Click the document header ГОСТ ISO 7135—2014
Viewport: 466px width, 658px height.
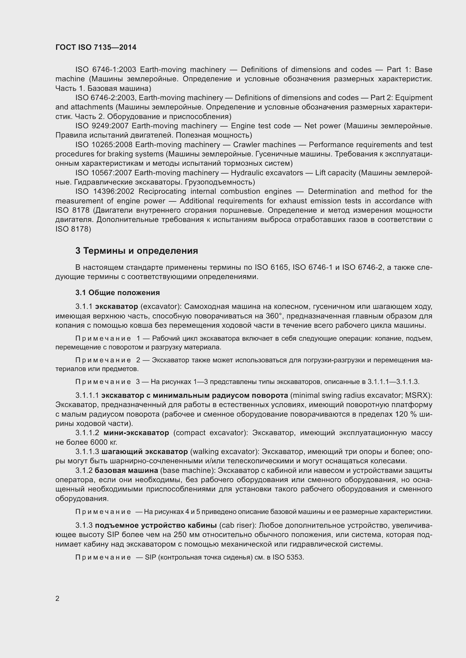click(96, 47)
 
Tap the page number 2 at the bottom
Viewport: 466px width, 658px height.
click(57, 598)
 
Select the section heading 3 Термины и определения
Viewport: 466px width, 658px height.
click(137, 251)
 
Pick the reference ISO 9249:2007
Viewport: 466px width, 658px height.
click(102, 126)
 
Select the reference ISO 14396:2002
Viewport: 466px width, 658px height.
click(105, 192)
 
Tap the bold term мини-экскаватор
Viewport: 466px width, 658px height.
click(136, 433)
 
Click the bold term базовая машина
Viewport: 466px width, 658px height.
click(126, 471)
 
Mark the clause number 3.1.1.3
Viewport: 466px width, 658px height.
click(87, 452)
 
